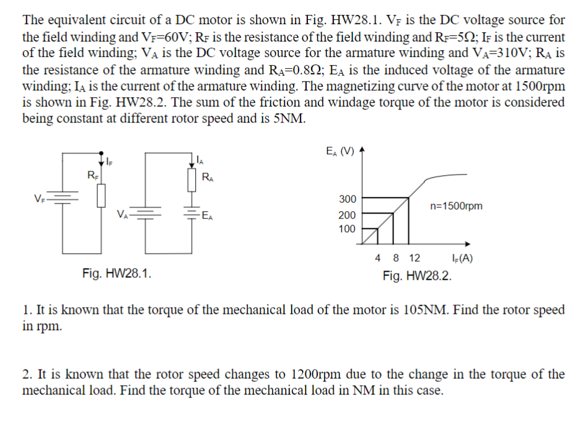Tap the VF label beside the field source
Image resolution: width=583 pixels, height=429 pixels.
[x=39, y=199]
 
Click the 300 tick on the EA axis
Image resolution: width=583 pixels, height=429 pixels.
[x=347, y=199]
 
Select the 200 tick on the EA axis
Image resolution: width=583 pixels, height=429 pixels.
[x=347, y=215]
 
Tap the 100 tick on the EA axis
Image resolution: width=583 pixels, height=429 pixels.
[x=347, y=229]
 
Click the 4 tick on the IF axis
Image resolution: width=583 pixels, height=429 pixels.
[x=378, y=258]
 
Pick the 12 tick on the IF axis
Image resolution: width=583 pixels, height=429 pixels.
[x=414, y=258]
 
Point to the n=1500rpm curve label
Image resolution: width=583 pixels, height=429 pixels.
[x=455, y=206]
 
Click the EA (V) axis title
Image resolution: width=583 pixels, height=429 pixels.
[x=340, y=151]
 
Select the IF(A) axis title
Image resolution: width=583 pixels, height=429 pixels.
[x=463, y=258]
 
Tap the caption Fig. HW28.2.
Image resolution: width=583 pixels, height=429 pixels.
[x=417, y=275]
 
